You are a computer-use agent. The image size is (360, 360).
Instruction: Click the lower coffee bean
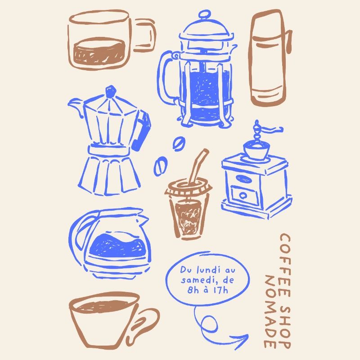click(x=160, y=165)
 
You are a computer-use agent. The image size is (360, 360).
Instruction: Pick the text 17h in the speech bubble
click(x=219, y=290)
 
